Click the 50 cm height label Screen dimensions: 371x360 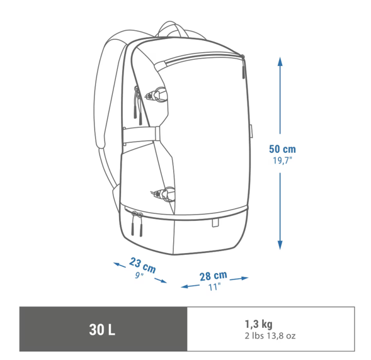(282, 149)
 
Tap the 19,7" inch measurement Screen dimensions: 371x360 (283, 160)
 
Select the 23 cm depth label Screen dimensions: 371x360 (143, 265)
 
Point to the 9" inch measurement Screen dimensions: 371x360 (139, 275)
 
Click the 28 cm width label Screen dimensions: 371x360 (213, 276)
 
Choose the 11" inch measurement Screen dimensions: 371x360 (214, 287)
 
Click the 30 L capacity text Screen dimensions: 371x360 (102, 329)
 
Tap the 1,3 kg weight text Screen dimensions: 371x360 (259, 324)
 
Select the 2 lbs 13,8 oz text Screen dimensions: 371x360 (270, 335)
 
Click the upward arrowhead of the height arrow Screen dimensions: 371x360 (280, 61)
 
